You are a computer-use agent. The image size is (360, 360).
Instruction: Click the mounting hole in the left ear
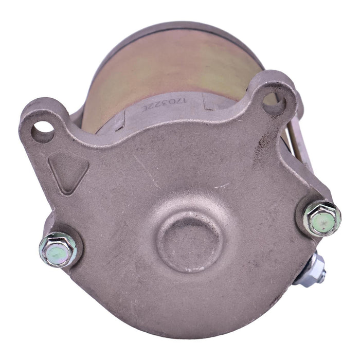[x=42, y=132]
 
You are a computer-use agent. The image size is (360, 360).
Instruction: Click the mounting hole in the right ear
[x=274, y=101]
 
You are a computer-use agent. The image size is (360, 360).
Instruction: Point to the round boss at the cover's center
[x=190, y=243]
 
